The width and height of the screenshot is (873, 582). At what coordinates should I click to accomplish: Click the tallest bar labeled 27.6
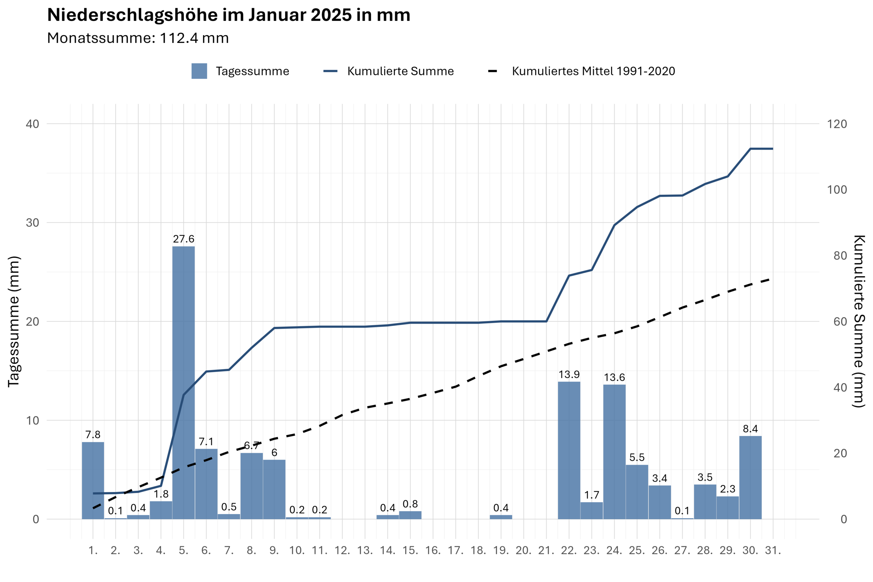point(183,382)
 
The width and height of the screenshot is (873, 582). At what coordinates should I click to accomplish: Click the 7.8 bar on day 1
point(93,480)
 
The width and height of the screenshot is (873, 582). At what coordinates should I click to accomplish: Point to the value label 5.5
point(637,457)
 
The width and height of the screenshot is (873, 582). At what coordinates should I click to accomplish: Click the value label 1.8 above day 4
point(161,494)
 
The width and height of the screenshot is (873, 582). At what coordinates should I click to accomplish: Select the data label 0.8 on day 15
point(410,504)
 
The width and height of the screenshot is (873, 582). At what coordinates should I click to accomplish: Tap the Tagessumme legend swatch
point(199,71)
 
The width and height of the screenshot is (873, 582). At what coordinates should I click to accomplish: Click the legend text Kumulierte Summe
point(400,71)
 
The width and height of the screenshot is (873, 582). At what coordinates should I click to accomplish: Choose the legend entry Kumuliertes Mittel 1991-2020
point(593,71)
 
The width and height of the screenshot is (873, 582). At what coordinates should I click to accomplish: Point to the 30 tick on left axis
point(32,223)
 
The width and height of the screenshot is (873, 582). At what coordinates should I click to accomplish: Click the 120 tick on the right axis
point(837,124)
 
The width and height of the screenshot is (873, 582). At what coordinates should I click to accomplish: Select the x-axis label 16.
point(433,550)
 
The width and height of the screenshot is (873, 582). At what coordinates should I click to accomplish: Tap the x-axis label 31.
point(773,550)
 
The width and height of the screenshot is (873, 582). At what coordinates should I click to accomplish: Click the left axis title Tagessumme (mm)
point(14,322)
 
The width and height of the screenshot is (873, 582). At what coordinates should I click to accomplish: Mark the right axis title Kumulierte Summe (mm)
point(860,322)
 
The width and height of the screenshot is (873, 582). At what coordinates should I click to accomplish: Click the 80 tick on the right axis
point(840,256)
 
